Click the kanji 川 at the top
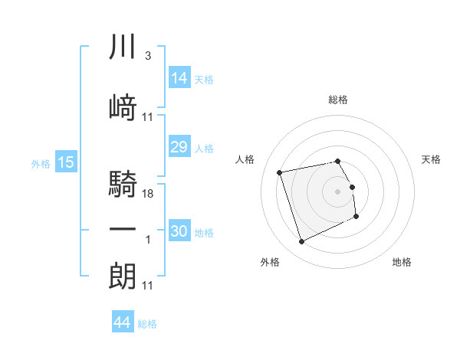[123, 46]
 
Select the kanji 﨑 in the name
[123, 107]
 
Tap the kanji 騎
[123, 184]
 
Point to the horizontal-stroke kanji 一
[123, 229]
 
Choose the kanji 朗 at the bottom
[123, 276]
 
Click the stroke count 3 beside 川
[148, 56]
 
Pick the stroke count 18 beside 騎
[147, 194]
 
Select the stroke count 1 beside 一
[148, 240]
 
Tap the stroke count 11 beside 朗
[147, 286]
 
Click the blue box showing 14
[179, 77]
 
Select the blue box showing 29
[179, 146]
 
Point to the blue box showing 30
[179, 230]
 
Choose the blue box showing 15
[66, 162]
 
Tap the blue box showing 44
[123, 321]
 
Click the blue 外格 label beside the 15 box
[41, 164]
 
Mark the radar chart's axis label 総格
[338, 100]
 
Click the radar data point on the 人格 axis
[279, 172]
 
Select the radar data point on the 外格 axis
[301, 241]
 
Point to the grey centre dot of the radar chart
[337, 191]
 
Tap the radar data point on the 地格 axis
[356, 216]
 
